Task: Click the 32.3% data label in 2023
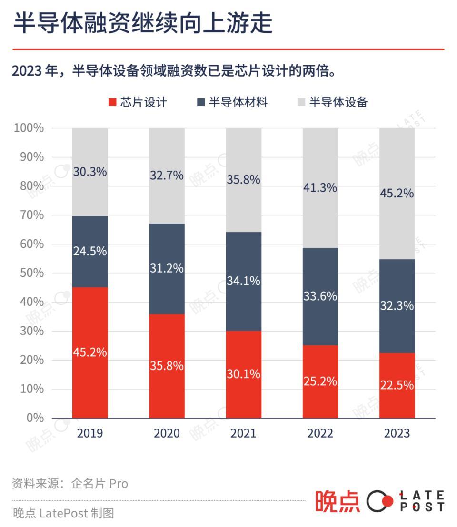pos(397,306)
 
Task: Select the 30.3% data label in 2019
pos(90,172)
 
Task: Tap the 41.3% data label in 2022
pos(320,188)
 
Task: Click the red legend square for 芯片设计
pos(112,102)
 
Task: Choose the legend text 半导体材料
pos(238,102)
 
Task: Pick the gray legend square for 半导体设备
pos(301,102)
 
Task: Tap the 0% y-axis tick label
pos(34,418)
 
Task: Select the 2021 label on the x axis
pos(243,433)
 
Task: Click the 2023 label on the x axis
pos(397,433)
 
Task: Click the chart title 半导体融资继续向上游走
pos(142,23)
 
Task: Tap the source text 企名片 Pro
pos(99,484)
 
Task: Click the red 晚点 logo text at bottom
pos(338,501)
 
